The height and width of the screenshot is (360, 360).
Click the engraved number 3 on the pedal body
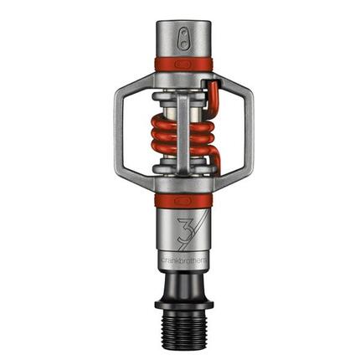172,228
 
